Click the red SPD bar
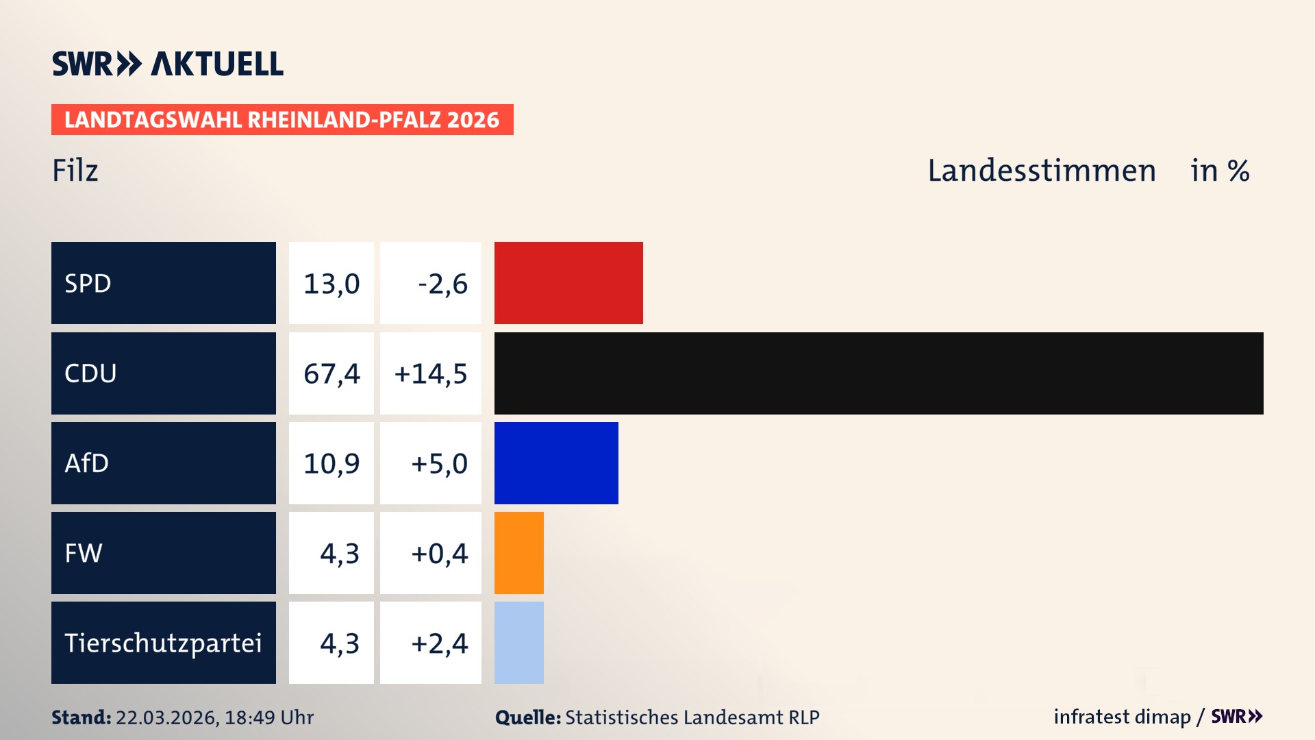[568, 283]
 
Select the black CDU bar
[879, 373]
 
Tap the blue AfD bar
[556, 463]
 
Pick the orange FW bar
[518, 553]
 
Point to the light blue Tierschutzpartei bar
[518, 643]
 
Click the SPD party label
[88, 283]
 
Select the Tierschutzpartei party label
[163, 643]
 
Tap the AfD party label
[86, 463]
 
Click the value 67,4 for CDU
[331, 373]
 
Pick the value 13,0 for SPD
[331, 283]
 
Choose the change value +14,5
[431, 373]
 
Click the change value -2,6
[442, 283]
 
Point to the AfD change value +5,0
[439, 463]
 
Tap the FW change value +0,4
[439, 553]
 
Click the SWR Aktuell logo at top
[167, 64]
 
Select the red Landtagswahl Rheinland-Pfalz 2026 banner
[282, 120]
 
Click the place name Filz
[75, 171]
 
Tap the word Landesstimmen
[1041, 171]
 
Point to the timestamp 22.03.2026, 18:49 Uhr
[214, 717]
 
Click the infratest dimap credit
[1122, 717]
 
